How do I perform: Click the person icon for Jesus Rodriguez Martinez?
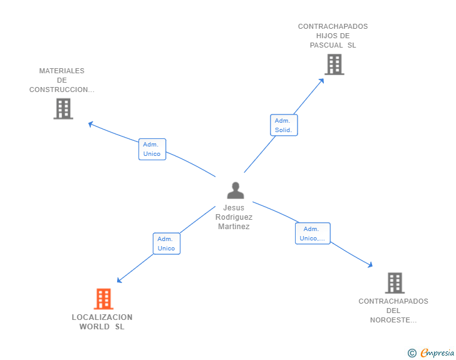tap(236, 190)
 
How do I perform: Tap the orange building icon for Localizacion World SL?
tap(103, 299)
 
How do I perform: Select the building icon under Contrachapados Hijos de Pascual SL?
tap(334, 64)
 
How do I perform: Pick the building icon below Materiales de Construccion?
tap(63, 109)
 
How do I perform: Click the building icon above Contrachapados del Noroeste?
tap(395, 283)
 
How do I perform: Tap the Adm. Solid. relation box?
tap(284, 125)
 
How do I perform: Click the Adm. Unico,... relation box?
tap(313, 234)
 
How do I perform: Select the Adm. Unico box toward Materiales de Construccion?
tap(152, 149)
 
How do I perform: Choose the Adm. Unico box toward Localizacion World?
tap(167, 244)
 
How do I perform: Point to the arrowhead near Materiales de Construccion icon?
tap(90, 124)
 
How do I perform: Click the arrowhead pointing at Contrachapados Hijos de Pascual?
tap(322, 81)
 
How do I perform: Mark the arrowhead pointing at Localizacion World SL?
tap(118, 280)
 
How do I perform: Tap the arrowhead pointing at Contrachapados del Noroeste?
tap(371, 265)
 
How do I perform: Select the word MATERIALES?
tap(61, 71)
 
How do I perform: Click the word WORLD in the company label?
tap(95, 327)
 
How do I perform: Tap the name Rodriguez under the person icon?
tap(234, 217)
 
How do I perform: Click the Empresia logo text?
tap(437, 352)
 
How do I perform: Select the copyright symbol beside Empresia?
tap(412, 353)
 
